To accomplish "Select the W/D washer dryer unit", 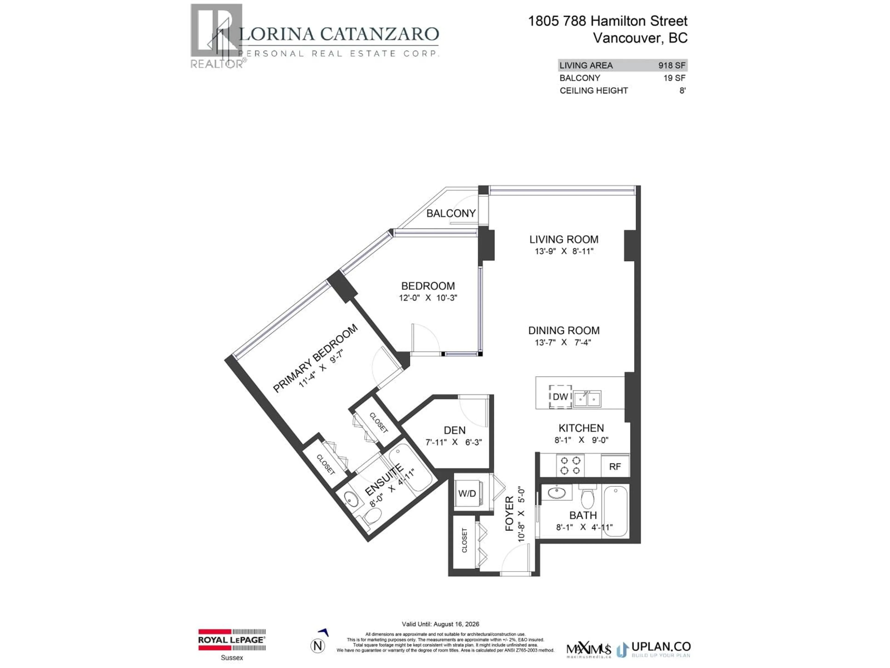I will click(467, 493).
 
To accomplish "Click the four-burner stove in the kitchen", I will click(571, 465).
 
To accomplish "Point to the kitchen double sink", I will click(587, 399).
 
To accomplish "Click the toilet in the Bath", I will click(588, 498).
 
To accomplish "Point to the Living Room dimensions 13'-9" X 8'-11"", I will click(564, 251).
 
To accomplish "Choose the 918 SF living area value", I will click(671, 65).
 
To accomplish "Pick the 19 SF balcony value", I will click(674, 78).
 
